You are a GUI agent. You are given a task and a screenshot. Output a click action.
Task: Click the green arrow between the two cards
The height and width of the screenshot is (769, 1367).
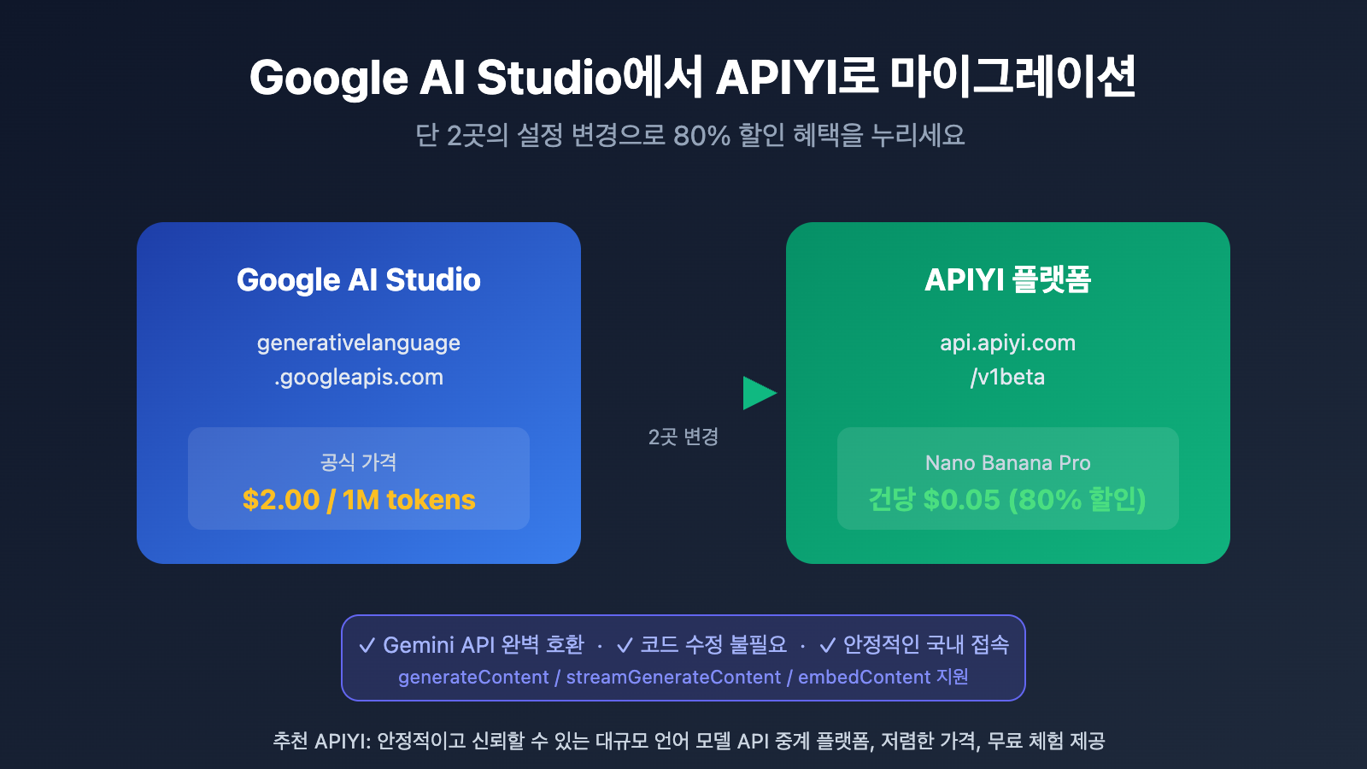pyautogui.click(x=758, y=393)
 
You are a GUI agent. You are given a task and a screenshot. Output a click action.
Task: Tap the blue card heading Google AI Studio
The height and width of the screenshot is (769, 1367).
pyautogui.click(x=359, y=280)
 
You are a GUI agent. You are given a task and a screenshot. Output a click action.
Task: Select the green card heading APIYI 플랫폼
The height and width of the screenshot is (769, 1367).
pyautogui.click(x=1008, y=280)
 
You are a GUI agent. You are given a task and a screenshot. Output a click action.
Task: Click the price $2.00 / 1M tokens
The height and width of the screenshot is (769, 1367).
pyautogui.click(x=359, y=500)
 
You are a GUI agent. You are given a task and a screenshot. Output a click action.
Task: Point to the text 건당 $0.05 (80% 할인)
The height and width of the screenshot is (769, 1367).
pyautogui.click(x=1007, y=500)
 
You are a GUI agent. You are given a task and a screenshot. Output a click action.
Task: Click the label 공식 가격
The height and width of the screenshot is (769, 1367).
pyautogui.click(x=359, y=462)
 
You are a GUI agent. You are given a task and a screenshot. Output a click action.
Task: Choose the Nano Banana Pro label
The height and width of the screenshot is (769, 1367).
pyautogui.click(x=1008, y=463)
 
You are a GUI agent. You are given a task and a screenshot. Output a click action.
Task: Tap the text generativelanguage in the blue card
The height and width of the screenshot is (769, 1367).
pyautogui.click(x=359, y=343)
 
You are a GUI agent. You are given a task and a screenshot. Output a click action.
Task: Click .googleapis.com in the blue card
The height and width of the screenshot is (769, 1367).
pyautogui.click(x=359, y=378)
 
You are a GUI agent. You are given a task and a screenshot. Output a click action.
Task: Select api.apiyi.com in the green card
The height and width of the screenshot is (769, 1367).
pyautogui.click(x=1008, y=343)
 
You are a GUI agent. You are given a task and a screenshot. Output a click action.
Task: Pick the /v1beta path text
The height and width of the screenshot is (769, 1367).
pyautogui.click(x=1008, y=378)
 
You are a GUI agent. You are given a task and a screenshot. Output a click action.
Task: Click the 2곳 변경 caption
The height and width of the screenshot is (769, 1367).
pyautogui.click(x=683, y=437)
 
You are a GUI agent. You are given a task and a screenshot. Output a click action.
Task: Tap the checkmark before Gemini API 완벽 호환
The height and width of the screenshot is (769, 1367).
pyautogui.click(x=367, y=646)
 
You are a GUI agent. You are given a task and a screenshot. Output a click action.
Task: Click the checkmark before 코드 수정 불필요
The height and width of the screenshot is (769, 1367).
pyautogui.click(x=625, y=646)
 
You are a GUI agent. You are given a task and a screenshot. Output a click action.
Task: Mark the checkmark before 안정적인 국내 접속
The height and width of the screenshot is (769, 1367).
pyautogui.click(x=827, y=646)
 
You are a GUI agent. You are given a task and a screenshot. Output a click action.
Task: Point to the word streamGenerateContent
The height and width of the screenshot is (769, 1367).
pyautogui.click(x=673, y=678)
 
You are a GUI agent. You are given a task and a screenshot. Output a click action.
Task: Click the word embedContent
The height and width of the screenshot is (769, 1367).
pyautogui.click(x=864, y=678)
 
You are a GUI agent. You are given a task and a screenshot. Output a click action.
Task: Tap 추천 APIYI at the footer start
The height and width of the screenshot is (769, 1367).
pyautogui.click(x=321, y=741)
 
